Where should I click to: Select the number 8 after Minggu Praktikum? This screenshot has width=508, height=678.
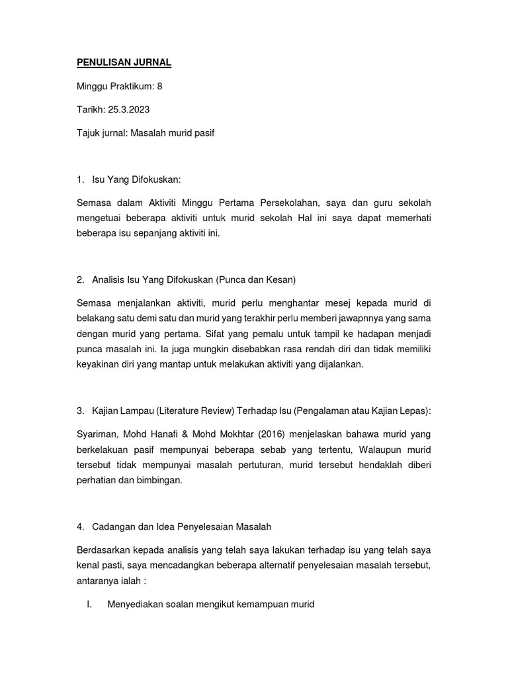[159, 86]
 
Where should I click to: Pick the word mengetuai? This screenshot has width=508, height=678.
[101, 219]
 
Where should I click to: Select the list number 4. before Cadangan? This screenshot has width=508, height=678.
[81, 526]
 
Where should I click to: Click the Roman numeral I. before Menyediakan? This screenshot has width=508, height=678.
[89, 605]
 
